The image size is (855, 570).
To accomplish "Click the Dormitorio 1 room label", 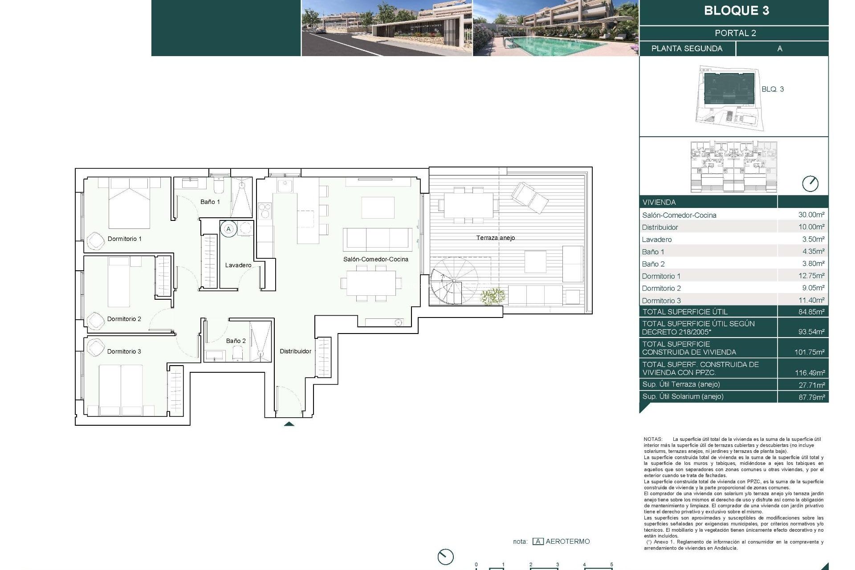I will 124,239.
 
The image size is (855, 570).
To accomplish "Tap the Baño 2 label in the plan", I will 236,341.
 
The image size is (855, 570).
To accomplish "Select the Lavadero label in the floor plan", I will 238,265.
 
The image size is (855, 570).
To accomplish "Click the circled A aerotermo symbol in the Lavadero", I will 228,229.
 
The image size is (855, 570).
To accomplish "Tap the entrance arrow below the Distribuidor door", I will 289,424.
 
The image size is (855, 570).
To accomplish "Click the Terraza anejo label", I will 495,238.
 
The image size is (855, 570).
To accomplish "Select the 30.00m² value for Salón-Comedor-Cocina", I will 811,215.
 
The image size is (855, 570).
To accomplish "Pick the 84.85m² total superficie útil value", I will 811,312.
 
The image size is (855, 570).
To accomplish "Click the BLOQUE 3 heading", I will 736,11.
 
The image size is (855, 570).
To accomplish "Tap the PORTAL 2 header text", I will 735,33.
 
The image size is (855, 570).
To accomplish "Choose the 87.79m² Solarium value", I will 811,397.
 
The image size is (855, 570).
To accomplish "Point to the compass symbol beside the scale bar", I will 445,556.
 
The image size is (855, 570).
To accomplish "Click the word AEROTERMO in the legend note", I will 567,541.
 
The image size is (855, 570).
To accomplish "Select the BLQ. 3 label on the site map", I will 772,89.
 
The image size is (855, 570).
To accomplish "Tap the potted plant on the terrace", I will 493,296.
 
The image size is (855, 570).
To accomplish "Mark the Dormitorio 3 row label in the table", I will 661,301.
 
